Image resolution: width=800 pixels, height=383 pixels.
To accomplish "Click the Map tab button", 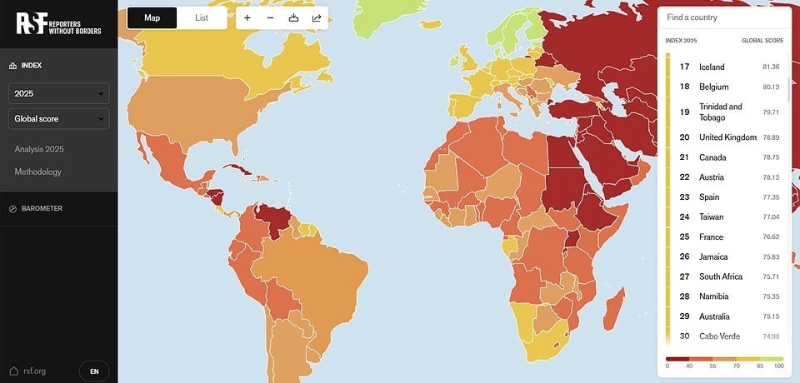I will (x=152, y=18).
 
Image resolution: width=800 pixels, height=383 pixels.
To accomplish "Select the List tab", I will (x=202, y=18).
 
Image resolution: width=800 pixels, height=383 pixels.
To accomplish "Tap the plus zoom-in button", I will (x=247, y=18).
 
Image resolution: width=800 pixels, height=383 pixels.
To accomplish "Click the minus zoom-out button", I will (x=270, y=18).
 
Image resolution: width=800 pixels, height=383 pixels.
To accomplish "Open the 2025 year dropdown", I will (x=58, y=94).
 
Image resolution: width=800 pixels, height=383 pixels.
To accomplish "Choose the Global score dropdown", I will (x=58, y=119).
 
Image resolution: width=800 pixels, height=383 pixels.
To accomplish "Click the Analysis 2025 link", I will (x=39, y=149).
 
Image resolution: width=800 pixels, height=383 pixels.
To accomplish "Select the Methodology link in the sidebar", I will (x=37, y=172).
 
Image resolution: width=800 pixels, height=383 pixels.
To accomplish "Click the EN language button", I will (x=94, y=371).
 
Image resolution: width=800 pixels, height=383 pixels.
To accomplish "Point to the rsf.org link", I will (x=34, y=371).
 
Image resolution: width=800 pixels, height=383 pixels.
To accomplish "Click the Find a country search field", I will (x=723, y=17).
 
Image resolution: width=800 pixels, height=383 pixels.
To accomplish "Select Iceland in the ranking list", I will (x=712, y=67).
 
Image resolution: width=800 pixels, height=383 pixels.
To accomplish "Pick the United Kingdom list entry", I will (x=727, y=137).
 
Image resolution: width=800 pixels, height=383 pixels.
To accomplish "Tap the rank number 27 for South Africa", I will (x=684, y=276).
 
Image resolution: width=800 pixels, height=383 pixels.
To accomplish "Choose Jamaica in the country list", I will (x=713, y=256).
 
